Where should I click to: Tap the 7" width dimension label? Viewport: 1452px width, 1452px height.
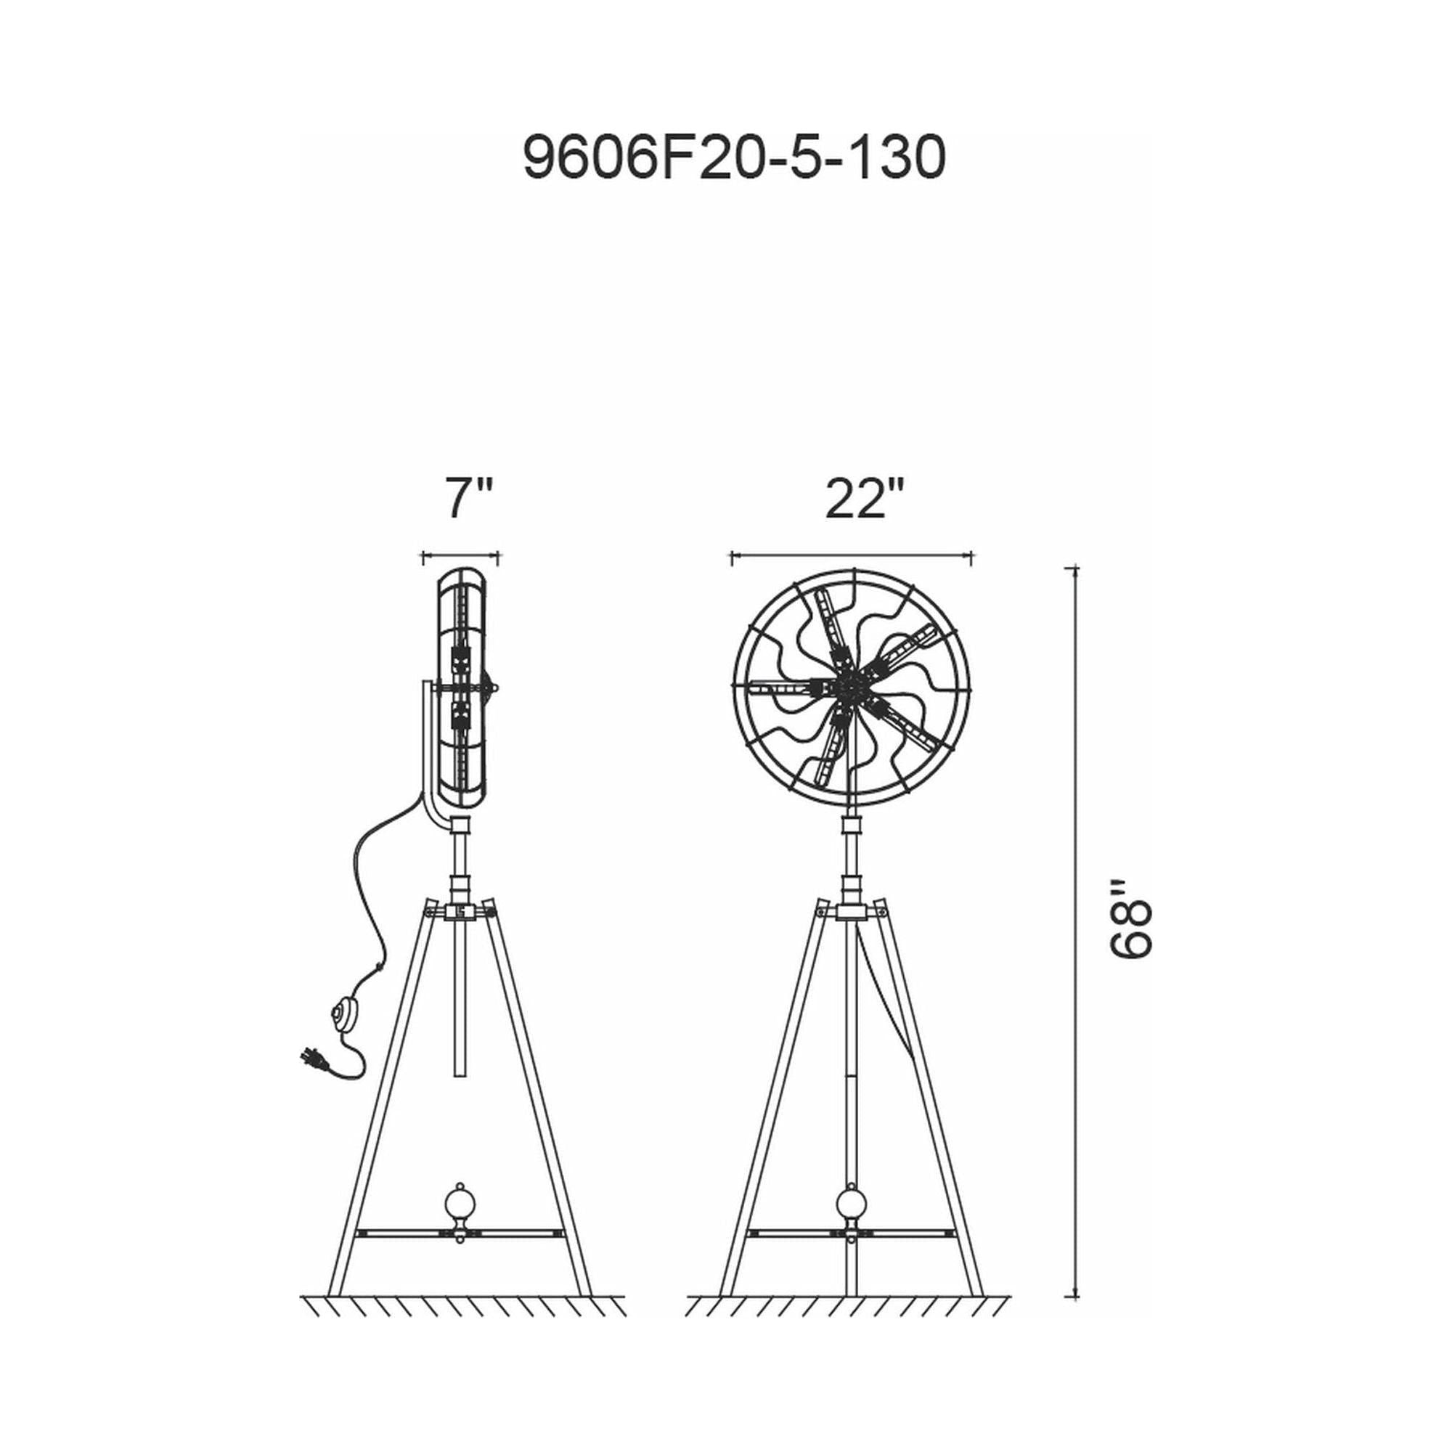469,497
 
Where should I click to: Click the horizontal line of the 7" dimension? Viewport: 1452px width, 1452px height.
461,557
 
